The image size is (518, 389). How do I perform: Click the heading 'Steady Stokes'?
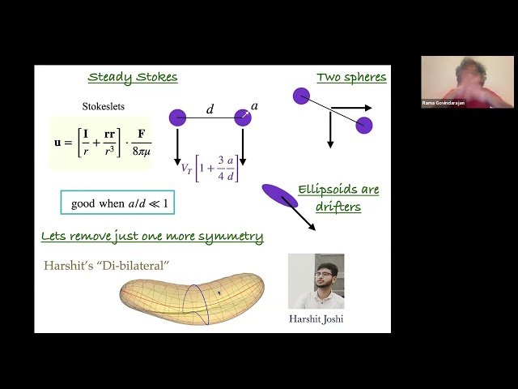tap(132, 78)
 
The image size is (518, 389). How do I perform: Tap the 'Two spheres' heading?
tap(350, 78)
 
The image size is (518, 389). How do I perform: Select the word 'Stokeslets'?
tap(104, 106)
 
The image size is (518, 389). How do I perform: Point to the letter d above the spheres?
tap(210, 109)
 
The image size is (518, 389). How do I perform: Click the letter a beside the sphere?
tap(255, 106)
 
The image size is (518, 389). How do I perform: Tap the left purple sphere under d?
tap(177, 118)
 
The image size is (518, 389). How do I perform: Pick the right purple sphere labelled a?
tap(243, 118)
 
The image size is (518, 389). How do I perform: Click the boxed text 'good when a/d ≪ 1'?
tap(117, 203)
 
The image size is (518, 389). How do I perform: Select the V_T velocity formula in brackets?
tap(209, 169)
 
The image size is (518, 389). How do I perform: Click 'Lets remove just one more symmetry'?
tap(152, 237)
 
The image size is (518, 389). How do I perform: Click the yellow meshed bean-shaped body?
tap(192, 297)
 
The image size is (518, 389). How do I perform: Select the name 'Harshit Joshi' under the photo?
tap(316, 319)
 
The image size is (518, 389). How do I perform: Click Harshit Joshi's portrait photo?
tap(316, 281)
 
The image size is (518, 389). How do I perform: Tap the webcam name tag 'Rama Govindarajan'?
tap(444, 104)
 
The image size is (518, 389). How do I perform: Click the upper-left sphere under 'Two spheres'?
tap(301, 96)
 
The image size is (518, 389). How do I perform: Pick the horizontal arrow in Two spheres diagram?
tap(351, 107)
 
